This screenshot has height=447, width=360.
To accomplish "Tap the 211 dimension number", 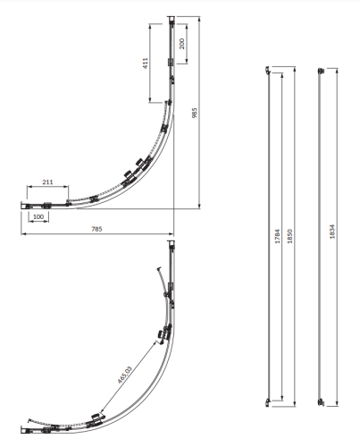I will [x=47, y=182].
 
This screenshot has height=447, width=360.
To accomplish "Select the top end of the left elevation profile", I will [x=269, y=68].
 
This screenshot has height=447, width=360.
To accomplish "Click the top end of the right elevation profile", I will [x=322, y=68].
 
